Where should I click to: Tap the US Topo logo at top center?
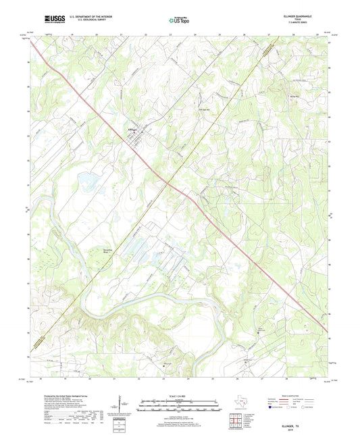(x=178, y=20)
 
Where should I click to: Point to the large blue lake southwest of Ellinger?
(x=88, y=180)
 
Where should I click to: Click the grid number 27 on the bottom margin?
(x=269, y=380)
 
